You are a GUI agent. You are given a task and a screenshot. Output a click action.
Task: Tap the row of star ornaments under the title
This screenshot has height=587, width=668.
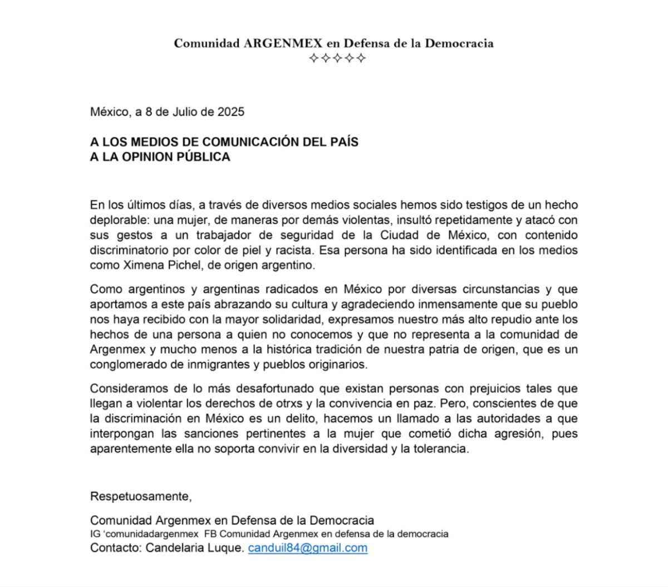point(337,58)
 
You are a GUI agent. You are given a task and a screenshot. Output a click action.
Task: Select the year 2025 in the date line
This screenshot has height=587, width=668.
point(230,112)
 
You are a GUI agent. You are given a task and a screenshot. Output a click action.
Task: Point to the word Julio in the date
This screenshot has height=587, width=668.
point(184,112)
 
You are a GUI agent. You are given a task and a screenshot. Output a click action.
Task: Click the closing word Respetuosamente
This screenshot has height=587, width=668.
point(141,496)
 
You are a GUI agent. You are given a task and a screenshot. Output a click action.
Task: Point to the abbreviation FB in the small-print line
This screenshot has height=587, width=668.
point(210,534)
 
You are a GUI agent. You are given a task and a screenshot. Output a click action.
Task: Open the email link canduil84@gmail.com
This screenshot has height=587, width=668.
point(307,547)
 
